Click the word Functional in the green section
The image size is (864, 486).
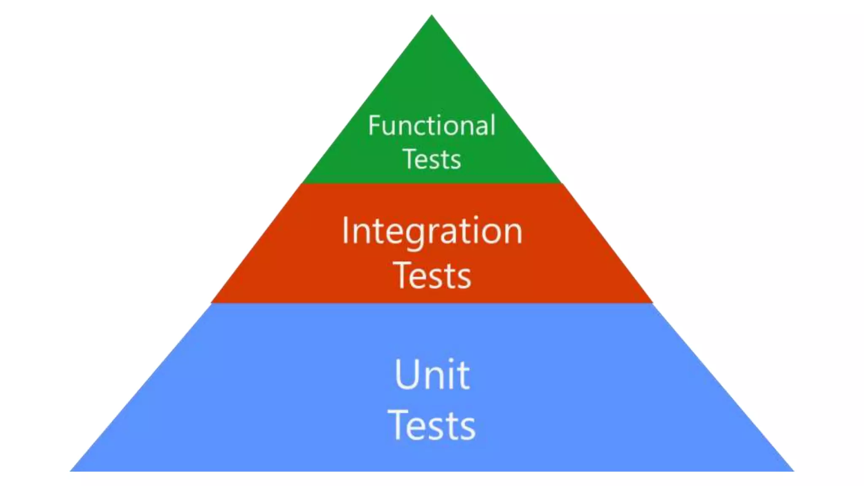(x=432, y=125)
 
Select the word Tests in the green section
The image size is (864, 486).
(x=432, y=159)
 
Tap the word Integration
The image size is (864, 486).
(x=432, y=231)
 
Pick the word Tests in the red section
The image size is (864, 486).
(x=432, y=275)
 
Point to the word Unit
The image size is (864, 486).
(x=432, y=375)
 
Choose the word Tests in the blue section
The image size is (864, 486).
(x=432, y=425)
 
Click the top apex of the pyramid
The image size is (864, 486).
(x=432, y=16)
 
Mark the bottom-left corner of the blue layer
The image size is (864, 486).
(x=71, y=470)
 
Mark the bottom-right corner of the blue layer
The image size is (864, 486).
(x=793, y=470)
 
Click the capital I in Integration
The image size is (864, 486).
(x=346, y=230)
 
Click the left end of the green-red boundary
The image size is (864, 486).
(x=303, y=184)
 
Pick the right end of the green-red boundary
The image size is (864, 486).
(x=562, y=184)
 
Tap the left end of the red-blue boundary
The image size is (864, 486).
(x=211, y=302)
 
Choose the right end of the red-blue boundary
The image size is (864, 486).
(x=653, y=302)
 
